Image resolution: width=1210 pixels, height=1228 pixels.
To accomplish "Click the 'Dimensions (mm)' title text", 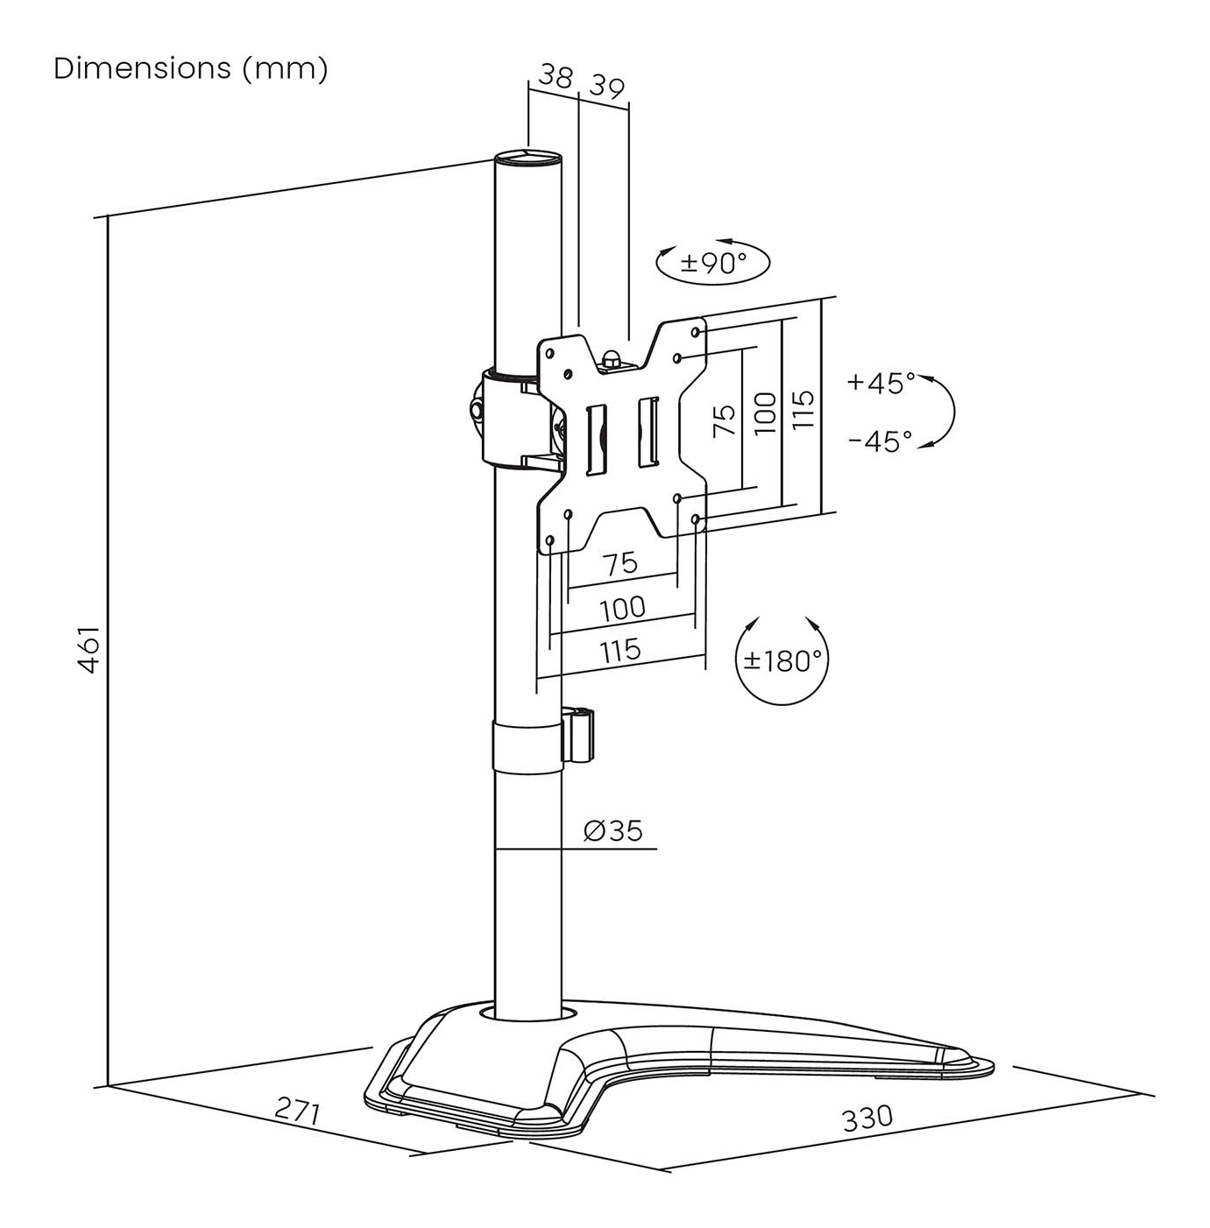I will point(191,68).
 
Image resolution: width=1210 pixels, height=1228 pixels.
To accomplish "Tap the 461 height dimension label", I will point(89,649).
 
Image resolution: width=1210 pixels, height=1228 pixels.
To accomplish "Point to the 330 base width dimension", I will point(867,1118).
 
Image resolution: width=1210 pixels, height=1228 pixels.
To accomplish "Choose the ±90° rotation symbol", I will point(713,262).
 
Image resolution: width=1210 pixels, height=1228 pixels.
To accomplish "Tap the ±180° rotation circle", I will point(782,660).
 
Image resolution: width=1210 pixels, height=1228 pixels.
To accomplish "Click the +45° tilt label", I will point(881,383).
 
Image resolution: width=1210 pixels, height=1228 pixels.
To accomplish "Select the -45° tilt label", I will point(880,441).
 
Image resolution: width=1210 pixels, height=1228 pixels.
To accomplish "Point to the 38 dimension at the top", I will point(555,77).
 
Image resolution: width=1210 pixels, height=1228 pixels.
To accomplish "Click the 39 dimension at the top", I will point(606,87).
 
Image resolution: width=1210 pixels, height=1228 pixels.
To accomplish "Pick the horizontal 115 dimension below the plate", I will point(620,651).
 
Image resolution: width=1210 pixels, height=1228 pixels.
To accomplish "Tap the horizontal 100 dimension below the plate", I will point(622,608).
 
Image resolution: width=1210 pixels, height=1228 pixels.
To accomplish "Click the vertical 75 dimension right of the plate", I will point(725,421).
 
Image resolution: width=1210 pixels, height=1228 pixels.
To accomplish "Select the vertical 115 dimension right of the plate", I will point(803,409).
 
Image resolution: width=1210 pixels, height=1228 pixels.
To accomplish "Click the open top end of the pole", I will point(527,159).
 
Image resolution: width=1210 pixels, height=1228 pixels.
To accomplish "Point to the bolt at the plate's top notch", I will point(612,358).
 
